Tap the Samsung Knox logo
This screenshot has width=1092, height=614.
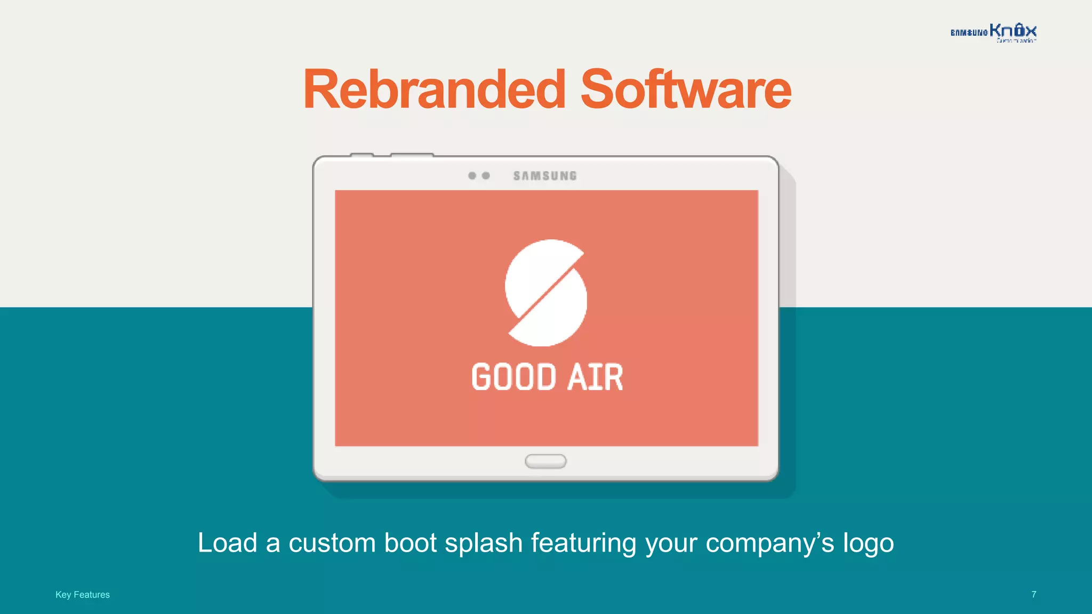coord(993,33)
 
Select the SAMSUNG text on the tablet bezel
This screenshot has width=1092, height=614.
coord(545,176)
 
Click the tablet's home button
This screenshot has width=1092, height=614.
coord(545,461)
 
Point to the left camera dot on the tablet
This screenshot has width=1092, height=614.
coord(472,175)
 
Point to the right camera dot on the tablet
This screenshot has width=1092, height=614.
coord(486,175)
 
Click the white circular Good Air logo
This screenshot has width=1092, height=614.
coord(545,293)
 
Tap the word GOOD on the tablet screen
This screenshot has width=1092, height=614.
coord(513,377)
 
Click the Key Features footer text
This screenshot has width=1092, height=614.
coord(83,595)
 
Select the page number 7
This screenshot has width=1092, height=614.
coord(1034,594)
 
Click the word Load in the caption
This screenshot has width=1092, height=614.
coord(228,543)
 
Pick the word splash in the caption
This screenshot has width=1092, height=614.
coord(484,543)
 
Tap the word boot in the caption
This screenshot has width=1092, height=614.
coord(411,543)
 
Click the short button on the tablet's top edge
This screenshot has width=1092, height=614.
coord(362,155)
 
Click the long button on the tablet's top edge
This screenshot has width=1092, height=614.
coord(412,155)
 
